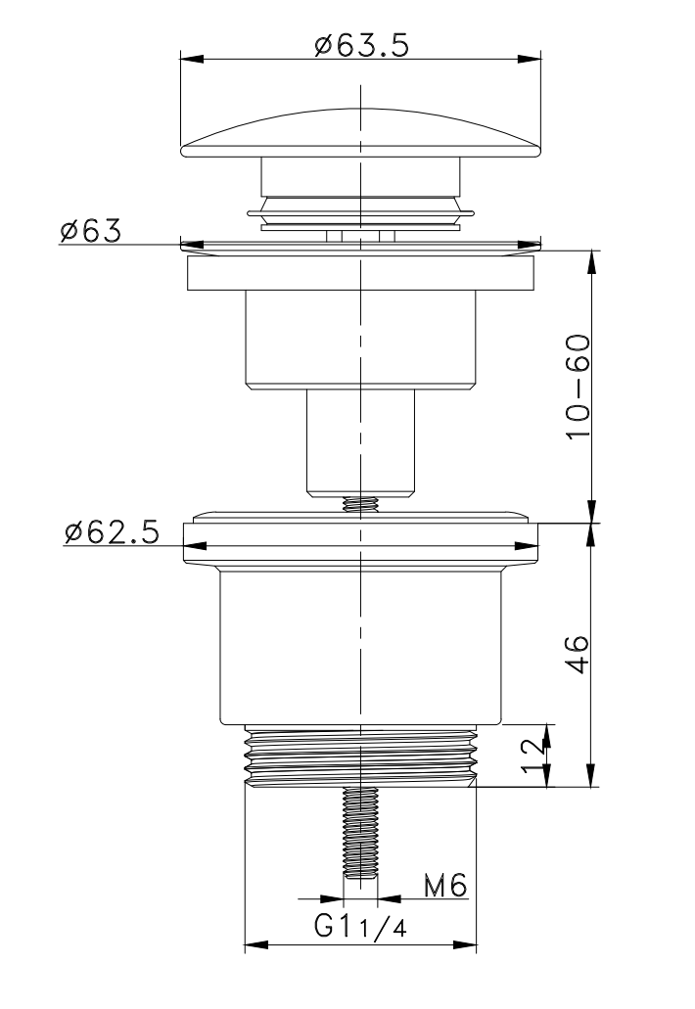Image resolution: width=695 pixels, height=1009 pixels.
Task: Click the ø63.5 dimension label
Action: [361, 45]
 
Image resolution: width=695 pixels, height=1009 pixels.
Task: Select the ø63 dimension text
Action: [91, 230]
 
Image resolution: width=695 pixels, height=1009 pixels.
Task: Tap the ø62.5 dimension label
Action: [111, 532]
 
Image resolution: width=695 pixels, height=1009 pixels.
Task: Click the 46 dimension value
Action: [579, 654]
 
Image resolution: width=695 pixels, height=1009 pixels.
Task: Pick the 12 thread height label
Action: [532, 757]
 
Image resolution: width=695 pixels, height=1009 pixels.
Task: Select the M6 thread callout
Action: [444, 886]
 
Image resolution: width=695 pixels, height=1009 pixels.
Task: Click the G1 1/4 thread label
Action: [360, 927]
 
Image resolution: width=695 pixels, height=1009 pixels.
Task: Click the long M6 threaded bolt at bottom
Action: [360, 834]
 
